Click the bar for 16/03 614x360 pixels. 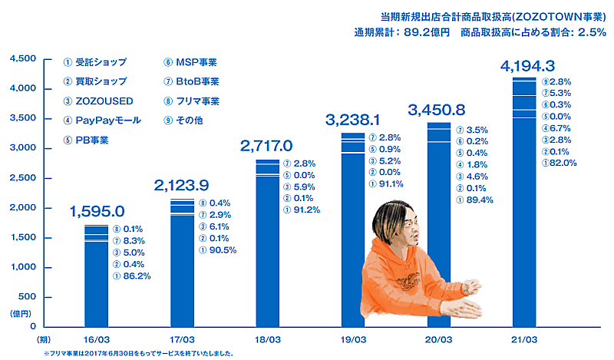coord(96,276)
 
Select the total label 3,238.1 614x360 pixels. coord(353,120)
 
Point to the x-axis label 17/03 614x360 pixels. coord(182,338)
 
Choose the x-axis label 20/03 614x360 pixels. coord(439,338)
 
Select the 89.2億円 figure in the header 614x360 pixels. coord(429,32)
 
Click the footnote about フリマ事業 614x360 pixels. coord(138,354)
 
